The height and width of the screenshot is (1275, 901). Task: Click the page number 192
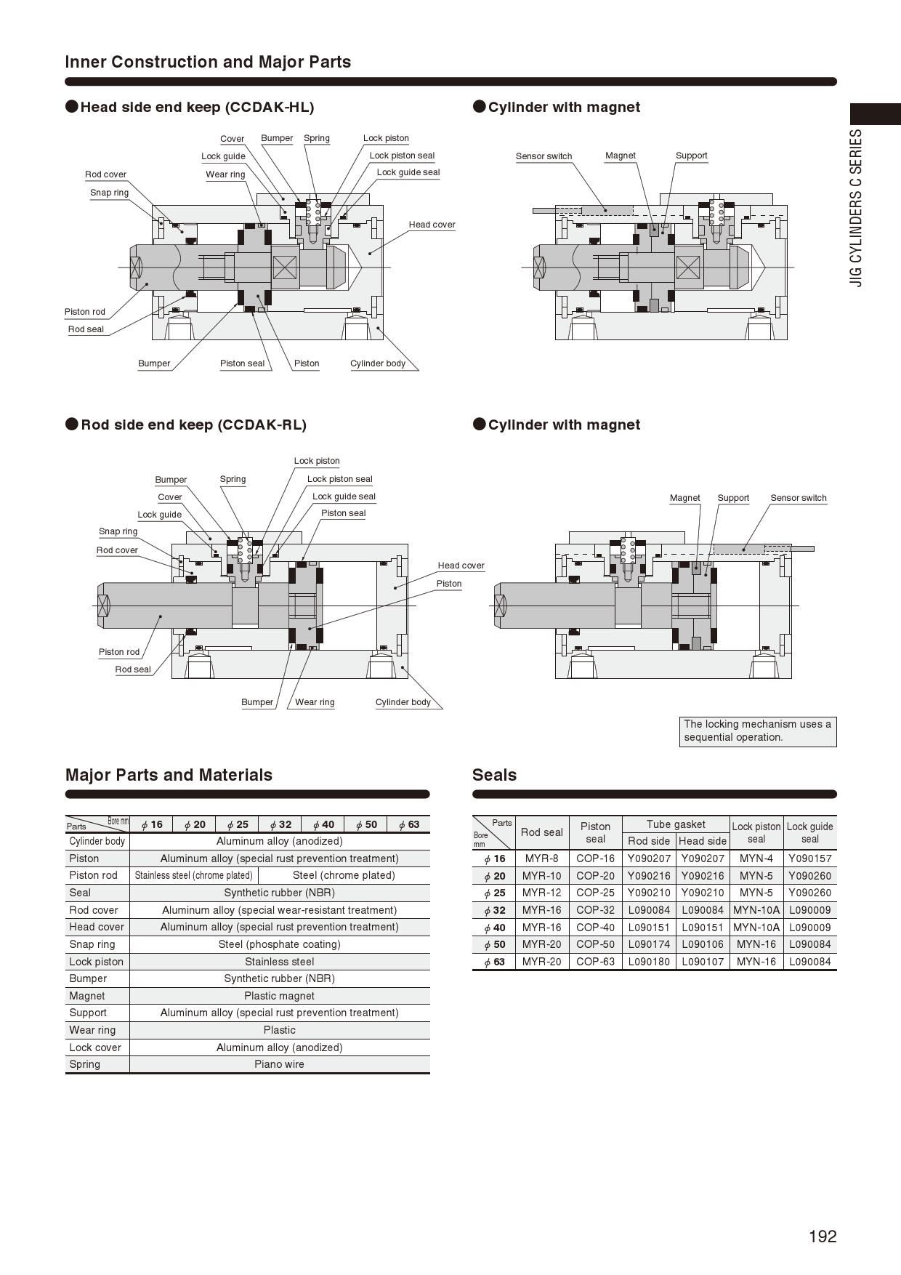[823, 1236]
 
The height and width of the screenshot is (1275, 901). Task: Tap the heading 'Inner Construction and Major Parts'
[208, 62]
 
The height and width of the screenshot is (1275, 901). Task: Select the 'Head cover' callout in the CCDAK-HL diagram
[432, 225]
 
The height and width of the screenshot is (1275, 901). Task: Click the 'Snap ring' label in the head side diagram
[109, 193]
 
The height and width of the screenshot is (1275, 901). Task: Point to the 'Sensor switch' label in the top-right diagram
[544, 156]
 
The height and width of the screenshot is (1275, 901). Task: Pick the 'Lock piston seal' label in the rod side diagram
[339, 479]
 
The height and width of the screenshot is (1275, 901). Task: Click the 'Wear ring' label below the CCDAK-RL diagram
[315, 702]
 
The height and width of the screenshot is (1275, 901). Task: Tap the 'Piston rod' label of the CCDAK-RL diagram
[119, 652]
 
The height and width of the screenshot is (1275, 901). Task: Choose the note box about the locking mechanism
[757, 731]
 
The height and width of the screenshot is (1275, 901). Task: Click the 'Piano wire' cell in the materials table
[279, 1064]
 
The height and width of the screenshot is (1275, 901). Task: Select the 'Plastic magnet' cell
[279, 996]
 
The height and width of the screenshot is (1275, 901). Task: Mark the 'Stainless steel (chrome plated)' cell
[193, 875]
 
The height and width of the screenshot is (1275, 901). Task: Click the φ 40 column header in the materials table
[323, 824]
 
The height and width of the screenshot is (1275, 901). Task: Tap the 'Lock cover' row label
[95, 1047]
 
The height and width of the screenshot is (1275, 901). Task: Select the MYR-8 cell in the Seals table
[541, 858]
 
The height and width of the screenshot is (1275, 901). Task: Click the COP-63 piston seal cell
[595, 962]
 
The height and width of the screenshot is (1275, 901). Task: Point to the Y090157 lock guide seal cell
[809, 858]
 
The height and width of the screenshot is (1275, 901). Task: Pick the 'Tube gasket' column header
[676, 824]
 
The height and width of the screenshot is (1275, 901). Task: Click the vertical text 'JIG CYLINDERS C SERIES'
[857, 208]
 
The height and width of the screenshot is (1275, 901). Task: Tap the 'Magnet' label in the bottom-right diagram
[684, 498]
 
